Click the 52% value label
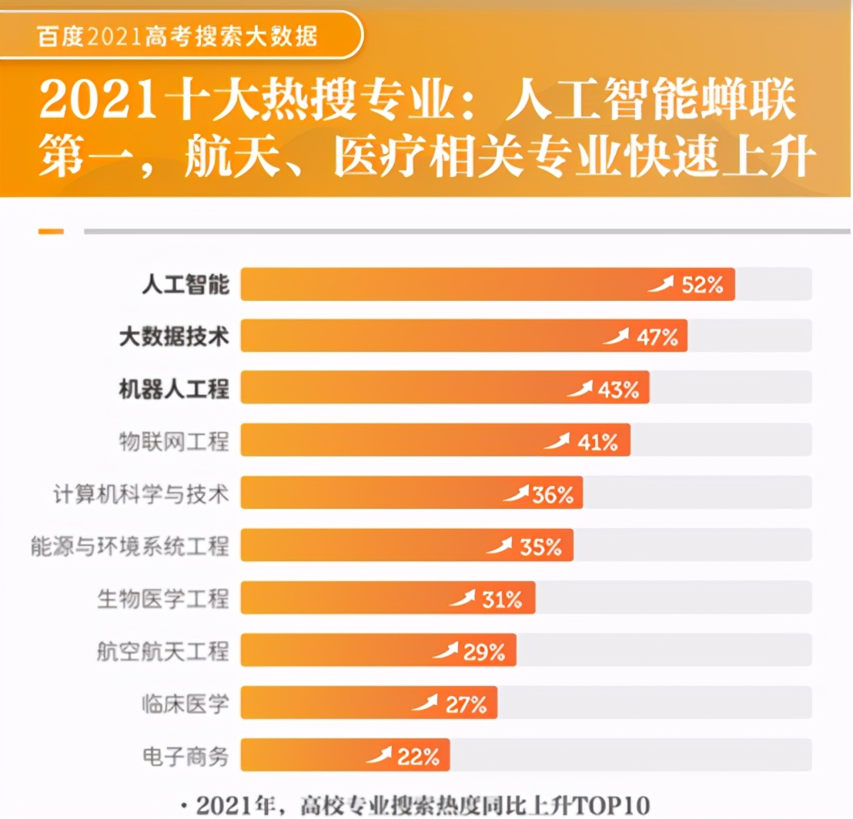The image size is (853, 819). (x=703, y=285)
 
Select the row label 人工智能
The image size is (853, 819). (x=186, y=285)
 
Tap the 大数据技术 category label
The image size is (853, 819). (x=174, y=336)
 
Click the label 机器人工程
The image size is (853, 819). (x=174, y=388)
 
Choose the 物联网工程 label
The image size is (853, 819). (x=174, y=440)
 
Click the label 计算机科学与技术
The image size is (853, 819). (x=141, y=493)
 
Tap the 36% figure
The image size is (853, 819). (x=553, y=494)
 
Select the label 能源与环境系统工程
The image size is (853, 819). (x=130, y=545)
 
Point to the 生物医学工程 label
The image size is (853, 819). (x=163, y=597)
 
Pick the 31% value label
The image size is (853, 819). (x=502, y=599)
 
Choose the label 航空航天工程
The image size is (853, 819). (x=163, y=650)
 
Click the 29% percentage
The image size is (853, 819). (x=483, y=652)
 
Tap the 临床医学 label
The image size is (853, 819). (x=186, y=703)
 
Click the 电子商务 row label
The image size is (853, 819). (x=186, y=755)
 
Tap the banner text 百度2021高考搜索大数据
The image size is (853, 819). (x=177, y=35)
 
